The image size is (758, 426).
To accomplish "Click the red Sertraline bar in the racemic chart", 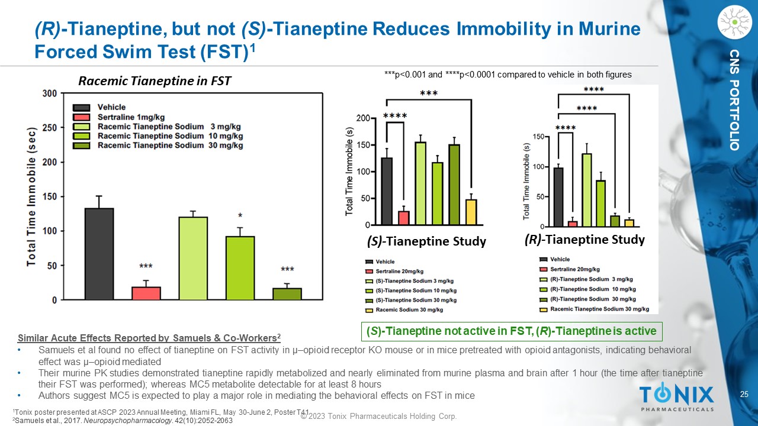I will (146, 293).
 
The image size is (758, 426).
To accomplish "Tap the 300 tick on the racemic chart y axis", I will (50, 93).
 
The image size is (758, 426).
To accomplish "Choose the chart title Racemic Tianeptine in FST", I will (155, 81).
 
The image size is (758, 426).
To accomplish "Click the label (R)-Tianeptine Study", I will (584, 240).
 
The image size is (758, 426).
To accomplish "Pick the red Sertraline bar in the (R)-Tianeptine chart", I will (572, 223).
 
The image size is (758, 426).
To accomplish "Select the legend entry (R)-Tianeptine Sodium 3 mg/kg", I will (591, 279).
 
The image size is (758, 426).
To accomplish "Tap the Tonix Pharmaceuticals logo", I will (676, 397).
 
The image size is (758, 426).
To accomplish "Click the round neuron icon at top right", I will (734, 22).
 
